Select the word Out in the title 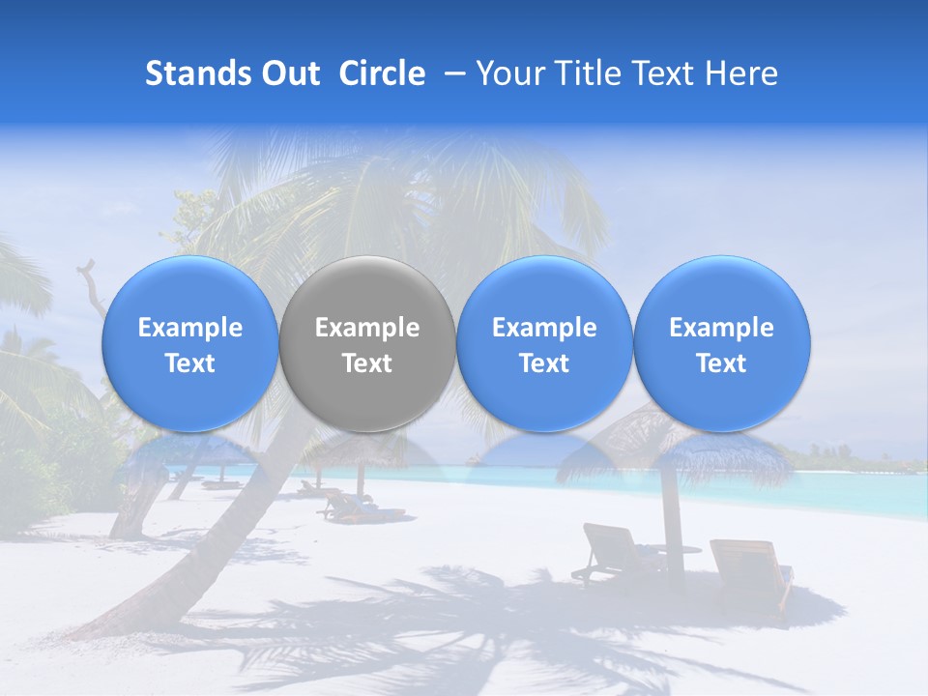click(x=291, y=73)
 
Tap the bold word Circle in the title click(x=382, y=73)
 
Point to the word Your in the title click(x=508, y=73)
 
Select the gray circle click(x=367, y=343)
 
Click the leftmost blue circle click(x=190, y=343)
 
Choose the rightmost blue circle click(x=722, y=343)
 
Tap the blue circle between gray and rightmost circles click(x=544, y=343)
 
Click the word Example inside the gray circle click(x=367, y=328)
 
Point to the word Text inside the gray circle click(x=367, y=363)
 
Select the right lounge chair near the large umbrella click(x=750, y=570)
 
